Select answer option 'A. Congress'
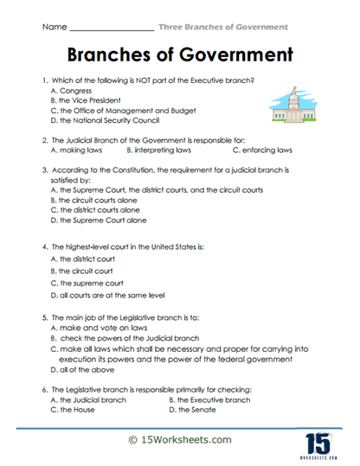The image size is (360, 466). click(x=70, y=90)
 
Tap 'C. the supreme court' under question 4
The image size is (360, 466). click(x=87, y=282)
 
